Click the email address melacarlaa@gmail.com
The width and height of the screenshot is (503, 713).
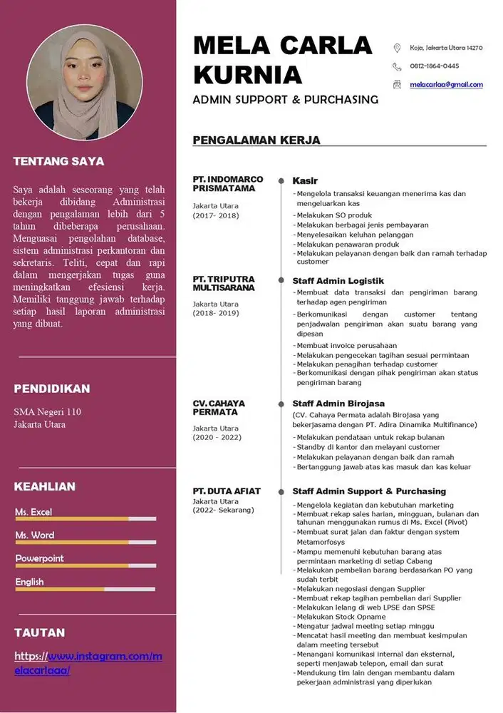pyautogui.click(x=446, y=84)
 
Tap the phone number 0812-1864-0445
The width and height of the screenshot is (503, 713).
pyautogui.click(x=434, y=66)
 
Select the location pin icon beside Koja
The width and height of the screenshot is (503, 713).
pyautogui.click(x=397, y=48)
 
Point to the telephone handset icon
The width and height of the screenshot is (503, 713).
pyautogui.click(x=397, y=66)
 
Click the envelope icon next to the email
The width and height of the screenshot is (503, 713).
pyautogui.click(x=397, y=84)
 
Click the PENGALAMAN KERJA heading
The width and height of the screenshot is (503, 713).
pyautogui.click(x=256, y=140)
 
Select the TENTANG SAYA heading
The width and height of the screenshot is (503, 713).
pyautogui.click(x=58, y=161)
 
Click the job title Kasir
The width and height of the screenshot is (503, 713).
pyautogui.click(x=305, y=181)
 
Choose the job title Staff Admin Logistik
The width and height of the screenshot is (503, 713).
pyautogui.click(x=338, y=281)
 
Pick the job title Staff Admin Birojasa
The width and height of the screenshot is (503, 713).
pyautogui.click(x=339, y=404)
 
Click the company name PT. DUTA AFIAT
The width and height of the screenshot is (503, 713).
pyautogui.click(x=227, y=491)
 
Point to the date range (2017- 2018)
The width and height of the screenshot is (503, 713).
pyautogui.click(x=215, y=215)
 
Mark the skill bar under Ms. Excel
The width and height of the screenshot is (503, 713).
pyautogui.click(x=85, y=519)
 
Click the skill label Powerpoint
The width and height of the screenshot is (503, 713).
pyautogui.click(x=39, y=558)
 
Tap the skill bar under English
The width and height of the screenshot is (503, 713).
pyautogui.click(x=85, y=589)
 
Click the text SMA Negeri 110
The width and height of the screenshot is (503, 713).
pyautogui.click(x=47, y=411)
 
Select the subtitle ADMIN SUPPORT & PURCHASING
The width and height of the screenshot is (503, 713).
pyautogui.click(x=285, y=99)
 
